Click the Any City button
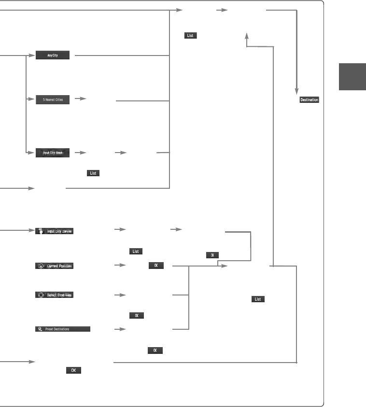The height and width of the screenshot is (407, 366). pyautogui.click(x=53, y=56)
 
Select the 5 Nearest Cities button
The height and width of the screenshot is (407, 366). pyautogui.click(x=53, y=99)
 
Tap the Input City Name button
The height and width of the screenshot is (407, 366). pyautogui.click(x=53, y=153)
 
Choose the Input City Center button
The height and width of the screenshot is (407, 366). pyautogui.click(x=55, y=231)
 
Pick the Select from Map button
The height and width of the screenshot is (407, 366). pyautogui.click(x=55, y=295)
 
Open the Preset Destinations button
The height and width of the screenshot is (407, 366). pyautogui.click(x=63, y=329)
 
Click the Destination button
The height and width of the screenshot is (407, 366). pyautogui.click(x=309, y=100)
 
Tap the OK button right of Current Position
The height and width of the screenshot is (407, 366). pyautogui.click(x=156, y=266)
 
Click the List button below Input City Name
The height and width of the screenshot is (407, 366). pyautogui.click(x=93, y=173)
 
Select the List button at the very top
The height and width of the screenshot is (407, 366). pyautogui.click(x=190, y=36)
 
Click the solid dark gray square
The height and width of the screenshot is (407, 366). pyautogui.click(x=352, y=77)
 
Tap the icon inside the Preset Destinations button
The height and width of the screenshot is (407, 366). pyautogui.click(x=41, y=329)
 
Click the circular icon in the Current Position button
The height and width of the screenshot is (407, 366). pyautogui.click(x=41, y=266)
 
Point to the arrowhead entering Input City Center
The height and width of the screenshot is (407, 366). pyautogui.click(x=31, y=231)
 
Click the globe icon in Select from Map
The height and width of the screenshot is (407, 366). pyautogui.click(x=41, y=295)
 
